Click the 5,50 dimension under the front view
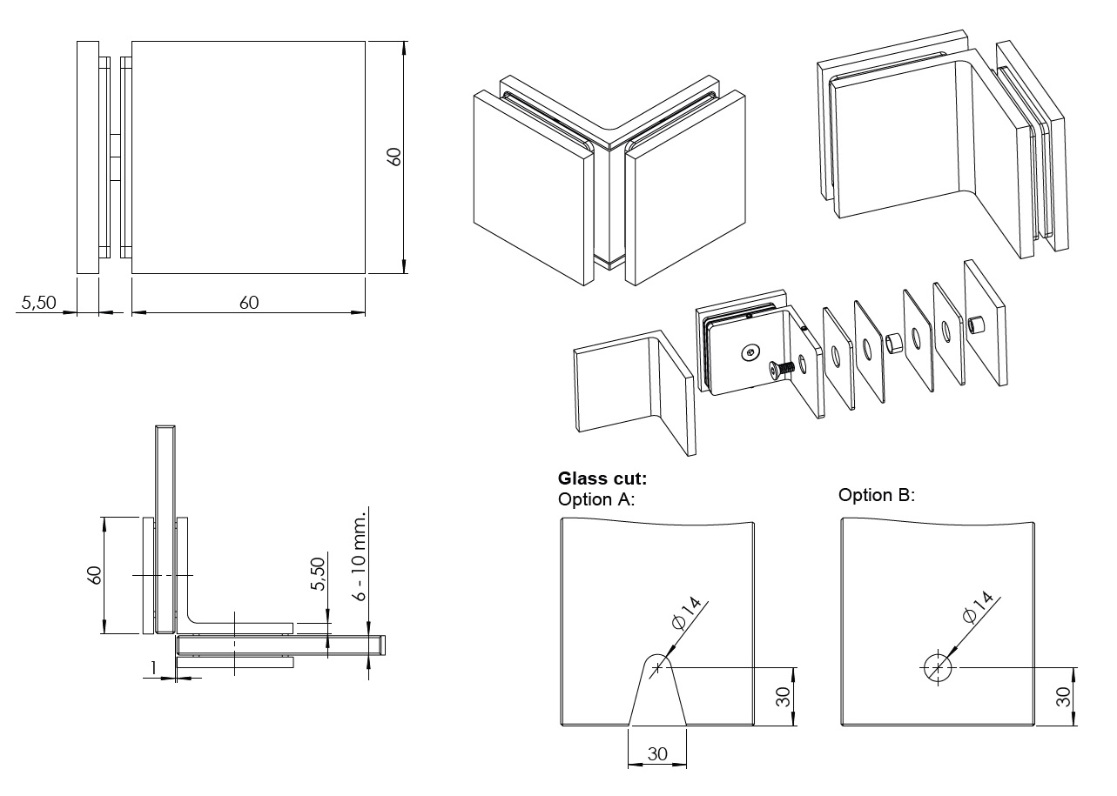click(x=38, y=303)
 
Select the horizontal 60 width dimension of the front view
click(x=249, y=302)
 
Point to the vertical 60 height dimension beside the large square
click(x=394, y=157)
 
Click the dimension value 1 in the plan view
click(x=153, y=668)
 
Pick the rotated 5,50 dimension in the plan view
click(x=319, y=575)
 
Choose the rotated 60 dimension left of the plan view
click(x=95, y=575)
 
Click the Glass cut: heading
click(x=602, y=478)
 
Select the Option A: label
click(x=596, y=499)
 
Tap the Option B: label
click(x=877, y=495)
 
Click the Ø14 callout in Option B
click(x=979, y=606)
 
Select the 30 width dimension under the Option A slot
click(x=657, y=754)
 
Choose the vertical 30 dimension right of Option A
click(x=783, y=696)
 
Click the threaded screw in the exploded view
click(x=782, y=369)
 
